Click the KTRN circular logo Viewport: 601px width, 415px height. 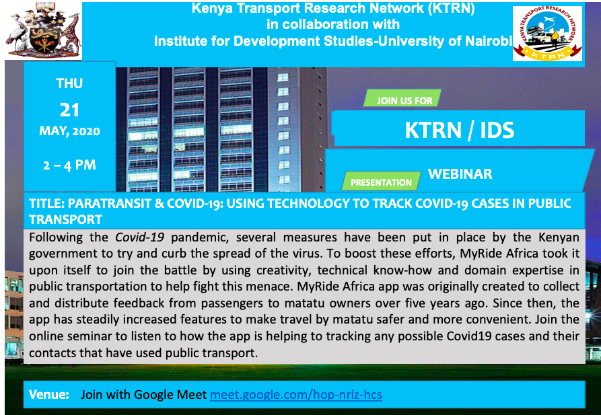coord(548,34)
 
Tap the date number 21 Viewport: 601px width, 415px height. coord(69,110)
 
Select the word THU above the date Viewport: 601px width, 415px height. coord(69,83)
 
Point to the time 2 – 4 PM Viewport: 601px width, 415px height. coord(69,165)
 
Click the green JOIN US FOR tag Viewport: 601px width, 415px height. coord(402,98)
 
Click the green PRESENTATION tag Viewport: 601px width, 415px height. coord(382,181)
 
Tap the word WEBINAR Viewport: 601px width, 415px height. coord(460,174)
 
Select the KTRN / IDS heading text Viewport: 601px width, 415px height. coord(459,130)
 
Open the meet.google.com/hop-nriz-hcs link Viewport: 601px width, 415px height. coord(296,394)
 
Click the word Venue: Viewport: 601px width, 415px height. coord(49,394)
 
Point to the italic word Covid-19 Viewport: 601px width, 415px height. coord(140,237)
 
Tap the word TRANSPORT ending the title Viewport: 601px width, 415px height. coord(65,219)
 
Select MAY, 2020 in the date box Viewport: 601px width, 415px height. coord(69,131)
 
